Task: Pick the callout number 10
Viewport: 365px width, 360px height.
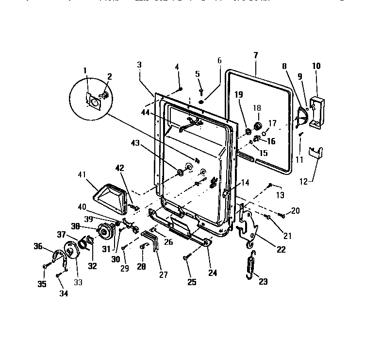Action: (316, 66)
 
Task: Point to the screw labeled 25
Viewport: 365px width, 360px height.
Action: (186, 258)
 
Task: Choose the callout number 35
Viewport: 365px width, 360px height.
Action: (42, 284)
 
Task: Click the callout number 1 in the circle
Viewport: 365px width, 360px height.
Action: (85, 70)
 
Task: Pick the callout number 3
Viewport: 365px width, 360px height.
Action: (139, 65)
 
